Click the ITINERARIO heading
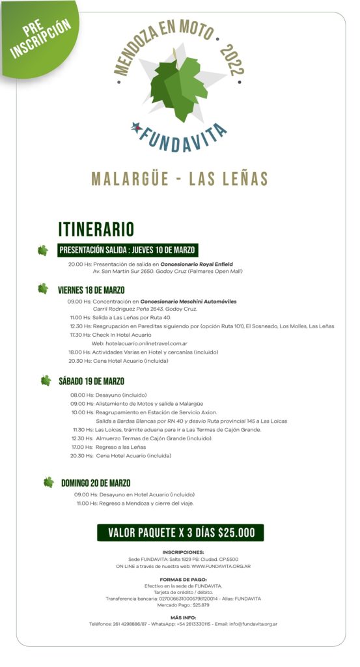click(96, 229)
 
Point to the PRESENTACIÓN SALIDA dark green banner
click(128, 249)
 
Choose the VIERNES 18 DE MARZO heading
click(91, 289)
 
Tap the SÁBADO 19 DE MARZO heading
click(91, 381)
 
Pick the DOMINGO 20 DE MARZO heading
click(96, 483)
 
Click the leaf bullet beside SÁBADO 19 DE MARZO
click(46, 380)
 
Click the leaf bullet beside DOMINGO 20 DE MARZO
click(48, 483)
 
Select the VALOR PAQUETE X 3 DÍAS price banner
click(180, 532)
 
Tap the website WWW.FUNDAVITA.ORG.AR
click(221, 566)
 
